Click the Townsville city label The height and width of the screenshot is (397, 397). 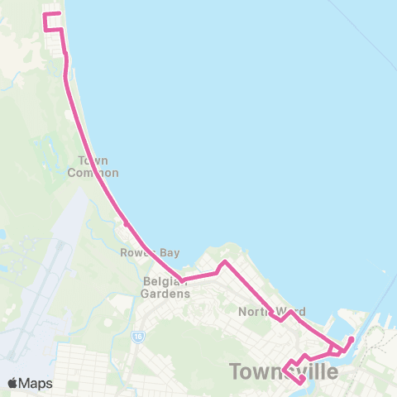point(283,372)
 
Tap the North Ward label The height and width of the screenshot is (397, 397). point(272,312)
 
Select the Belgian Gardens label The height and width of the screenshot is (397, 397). point(165,287)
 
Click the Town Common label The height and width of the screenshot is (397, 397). point(98,166)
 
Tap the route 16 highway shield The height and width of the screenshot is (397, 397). point(137,336)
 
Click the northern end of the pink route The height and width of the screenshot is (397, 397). point(60,13)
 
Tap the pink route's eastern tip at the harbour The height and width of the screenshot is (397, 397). point(352,339)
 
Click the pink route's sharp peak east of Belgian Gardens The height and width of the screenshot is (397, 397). point(223,263)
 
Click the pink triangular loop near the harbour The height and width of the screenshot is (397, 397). point(334,350)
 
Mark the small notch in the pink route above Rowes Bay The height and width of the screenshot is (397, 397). point(125,222)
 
